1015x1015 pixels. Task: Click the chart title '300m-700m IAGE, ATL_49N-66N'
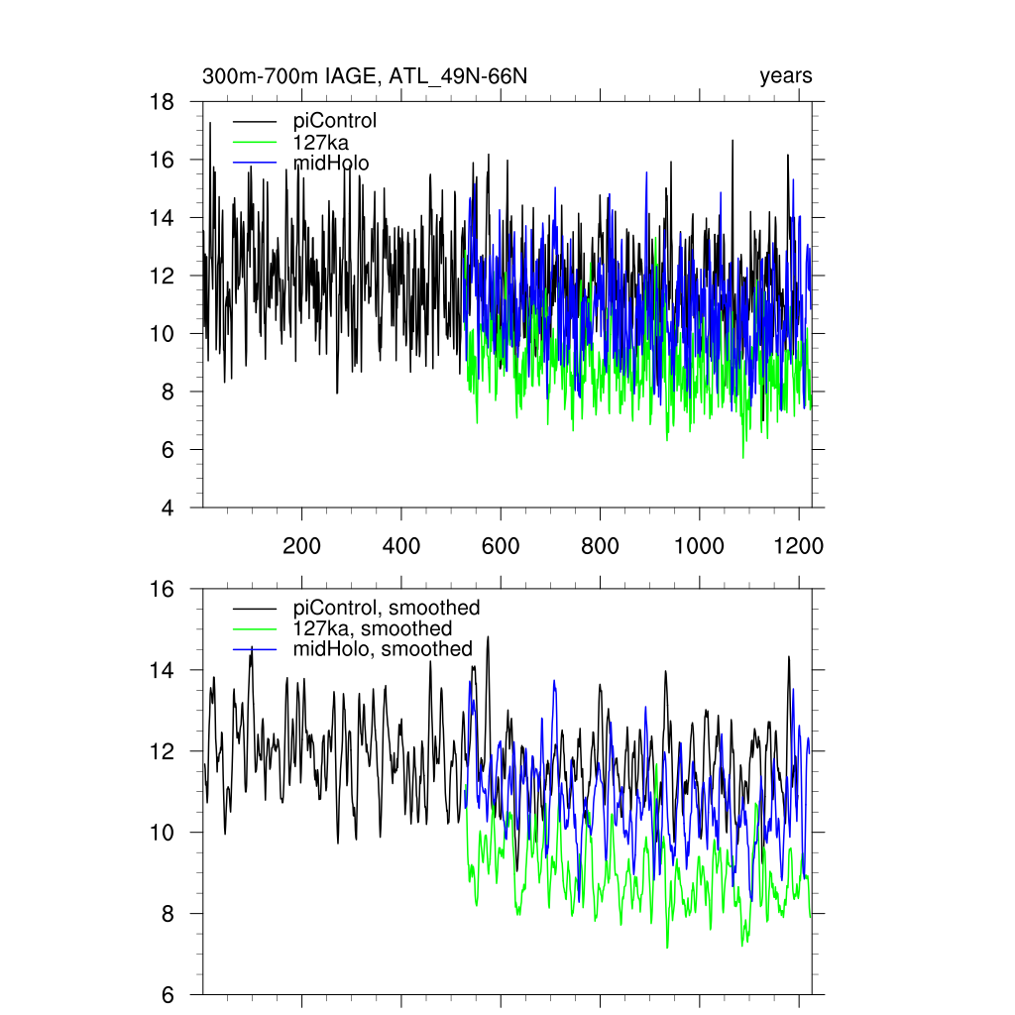(372, 76)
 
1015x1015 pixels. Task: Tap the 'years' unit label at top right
(786, 76)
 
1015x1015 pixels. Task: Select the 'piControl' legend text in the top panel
(335, 122)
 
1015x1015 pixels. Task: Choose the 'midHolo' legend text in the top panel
(331, 163)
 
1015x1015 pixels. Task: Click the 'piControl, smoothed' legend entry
(387, 608)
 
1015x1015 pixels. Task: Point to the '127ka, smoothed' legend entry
(373, 628)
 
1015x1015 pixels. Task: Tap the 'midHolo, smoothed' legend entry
(383, 649)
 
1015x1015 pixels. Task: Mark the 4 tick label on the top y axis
(169, 508)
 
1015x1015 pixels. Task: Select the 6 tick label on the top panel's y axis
(169, 450)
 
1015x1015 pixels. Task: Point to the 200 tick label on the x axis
(301, 546)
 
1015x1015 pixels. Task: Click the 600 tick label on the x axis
(501, 546)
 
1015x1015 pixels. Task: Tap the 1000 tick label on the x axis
(700, 546)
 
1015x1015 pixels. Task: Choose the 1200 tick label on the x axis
(799, 546)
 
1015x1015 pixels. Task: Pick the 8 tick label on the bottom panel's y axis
(169, 914)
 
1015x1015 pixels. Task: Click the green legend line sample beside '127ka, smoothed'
(255, 629)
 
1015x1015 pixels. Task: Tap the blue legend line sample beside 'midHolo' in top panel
(255, 164)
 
